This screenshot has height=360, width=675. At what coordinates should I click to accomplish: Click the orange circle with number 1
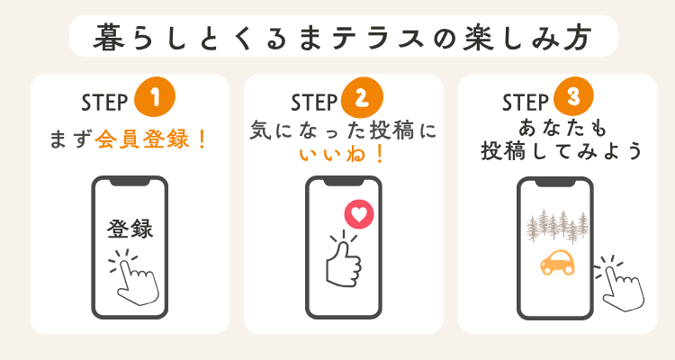155,97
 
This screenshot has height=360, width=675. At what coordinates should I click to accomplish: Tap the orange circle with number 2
362,97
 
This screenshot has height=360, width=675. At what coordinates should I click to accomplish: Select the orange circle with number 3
573,96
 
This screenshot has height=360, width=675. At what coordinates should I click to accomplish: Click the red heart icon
359,214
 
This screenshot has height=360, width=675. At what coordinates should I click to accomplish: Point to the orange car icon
557,262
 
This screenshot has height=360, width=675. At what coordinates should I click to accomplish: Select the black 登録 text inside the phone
130,229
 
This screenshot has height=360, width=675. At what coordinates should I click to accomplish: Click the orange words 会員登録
142,139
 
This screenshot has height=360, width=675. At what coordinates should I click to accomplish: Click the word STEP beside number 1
104,103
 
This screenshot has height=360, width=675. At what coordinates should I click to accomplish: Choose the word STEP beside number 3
526,103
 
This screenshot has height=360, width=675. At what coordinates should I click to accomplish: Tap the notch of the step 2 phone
344,182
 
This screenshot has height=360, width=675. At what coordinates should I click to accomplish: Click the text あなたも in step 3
562,128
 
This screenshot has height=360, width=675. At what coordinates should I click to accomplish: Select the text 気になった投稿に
343,130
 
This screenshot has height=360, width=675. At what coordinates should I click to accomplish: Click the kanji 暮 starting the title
108,37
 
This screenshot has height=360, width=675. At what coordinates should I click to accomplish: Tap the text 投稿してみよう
561,150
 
